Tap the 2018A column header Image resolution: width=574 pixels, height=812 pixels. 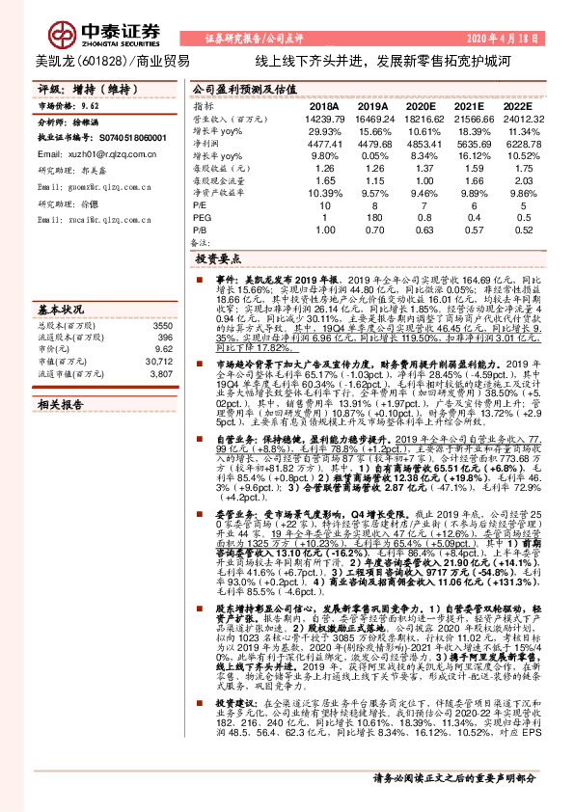click(x=324, y=106)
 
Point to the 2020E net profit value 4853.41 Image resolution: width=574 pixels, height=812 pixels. click(x=421, y=142)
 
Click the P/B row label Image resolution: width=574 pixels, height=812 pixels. click(x=202, y=230)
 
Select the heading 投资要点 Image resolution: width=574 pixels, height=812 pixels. click(x=220, y=260)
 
